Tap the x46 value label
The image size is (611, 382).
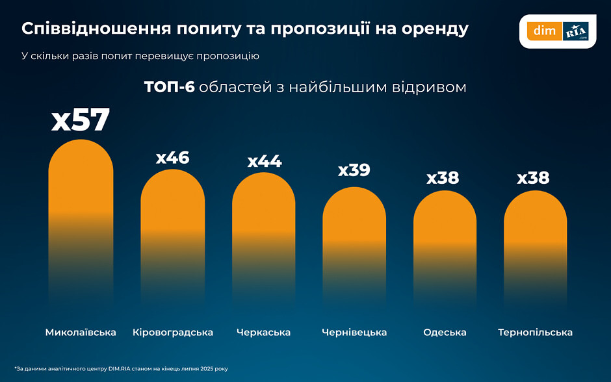click(x=173, y=158)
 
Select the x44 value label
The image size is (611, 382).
click(x=265, y=161)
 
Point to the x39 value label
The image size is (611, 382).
click(x=354, y=170)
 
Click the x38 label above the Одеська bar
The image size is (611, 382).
click(x=443, y=178)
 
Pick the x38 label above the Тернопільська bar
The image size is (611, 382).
click(x=533, y=178)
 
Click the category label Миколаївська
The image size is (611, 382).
click(x=81, y=333)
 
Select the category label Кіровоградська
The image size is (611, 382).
click(x=173, y=333)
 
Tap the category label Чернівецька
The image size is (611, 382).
click(x=354, y=333)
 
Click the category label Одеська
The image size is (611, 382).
click(x=445, y=333)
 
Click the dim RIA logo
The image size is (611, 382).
click(x=558, y=31)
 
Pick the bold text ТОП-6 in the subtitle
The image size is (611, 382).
click(x=169, y=87)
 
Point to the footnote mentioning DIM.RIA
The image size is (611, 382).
click(x=121, y=368)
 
